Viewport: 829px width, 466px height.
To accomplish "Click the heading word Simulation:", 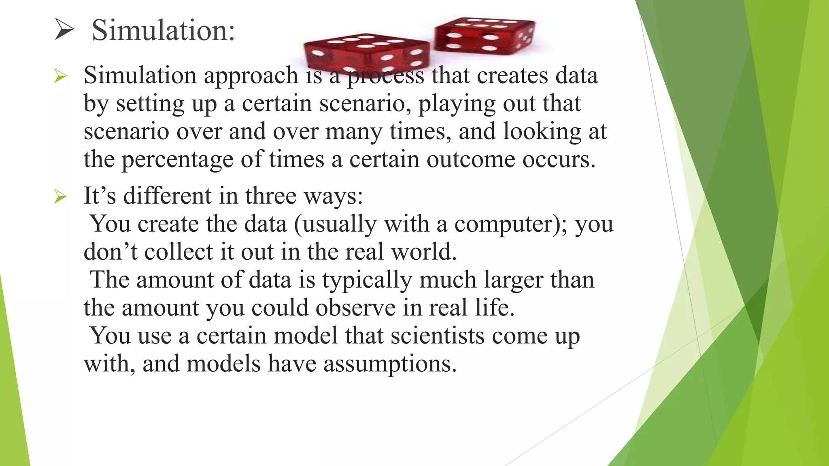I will (163, 30).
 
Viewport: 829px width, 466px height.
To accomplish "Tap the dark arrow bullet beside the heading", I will (64, 30).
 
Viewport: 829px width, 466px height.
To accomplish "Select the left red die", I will (366, 55).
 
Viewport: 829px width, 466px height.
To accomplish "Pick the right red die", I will (485, 36).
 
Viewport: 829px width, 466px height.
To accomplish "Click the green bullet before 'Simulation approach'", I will (60, 76).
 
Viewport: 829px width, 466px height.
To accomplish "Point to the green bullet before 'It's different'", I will (60, 197).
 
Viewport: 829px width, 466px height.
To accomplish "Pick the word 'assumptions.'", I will (390, 364).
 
